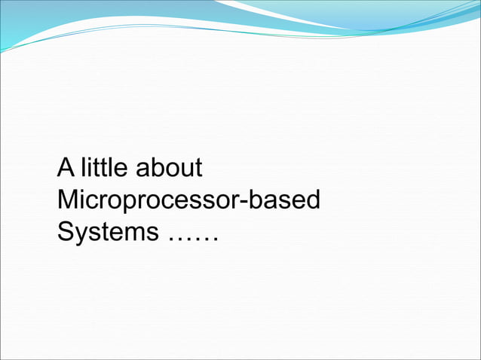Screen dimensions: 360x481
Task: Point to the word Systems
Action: pyautogui.click(x=107, y=233)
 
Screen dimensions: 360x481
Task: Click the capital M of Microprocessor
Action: pyautogui.click(x=67, y=200)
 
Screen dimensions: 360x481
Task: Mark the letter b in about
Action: pyautogui.click(x=153, y=167)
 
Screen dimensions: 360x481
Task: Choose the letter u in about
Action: pyautogui.click(x=184, y=169)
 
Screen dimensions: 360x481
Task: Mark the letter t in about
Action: pyautogui.click(x=197, y=168)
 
